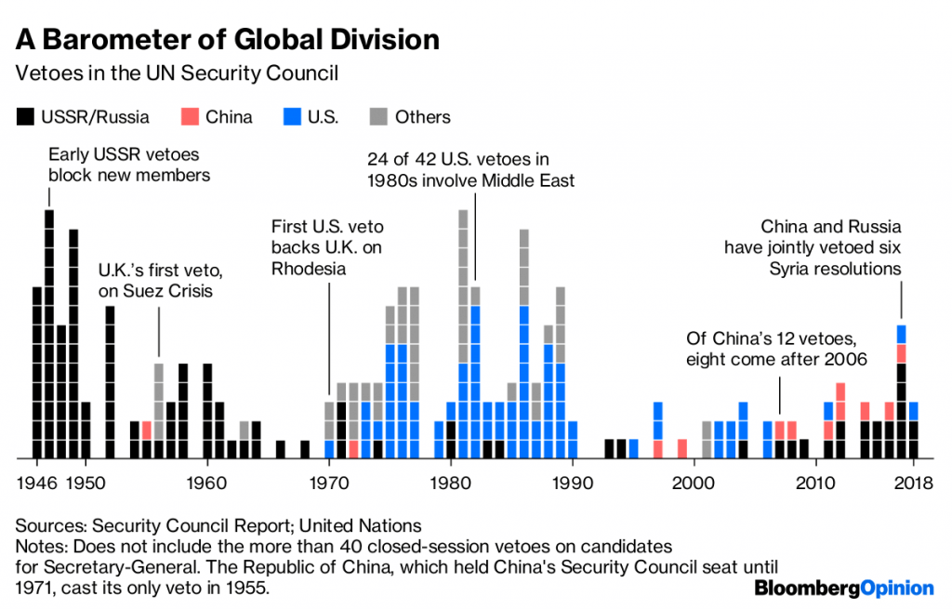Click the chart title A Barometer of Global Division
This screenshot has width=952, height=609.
(x=228, y=40)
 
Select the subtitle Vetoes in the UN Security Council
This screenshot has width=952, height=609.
(x=183, y=73)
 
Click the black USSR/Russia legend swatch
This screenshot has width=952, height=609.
(x=24, y=117)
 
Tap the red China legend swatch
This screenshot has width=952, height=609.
(x=191, y=117)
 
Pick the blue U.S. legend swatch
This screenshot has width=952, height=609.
(x=291, y=117)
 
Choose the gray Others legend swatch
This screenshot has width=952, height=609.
(x=377, y=117)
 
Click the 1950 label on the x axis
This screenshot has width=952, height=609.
(x=86, y=483)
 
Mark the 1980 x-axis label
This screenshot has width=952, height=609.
(x=450, y=483)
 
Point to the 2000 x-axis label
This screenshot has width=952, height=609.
(x=694, y=483)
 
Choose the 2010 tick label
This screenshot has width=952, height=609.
(x=815, y=483)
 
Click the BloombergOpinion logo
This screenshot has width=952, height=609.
(x=843, y=588)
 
